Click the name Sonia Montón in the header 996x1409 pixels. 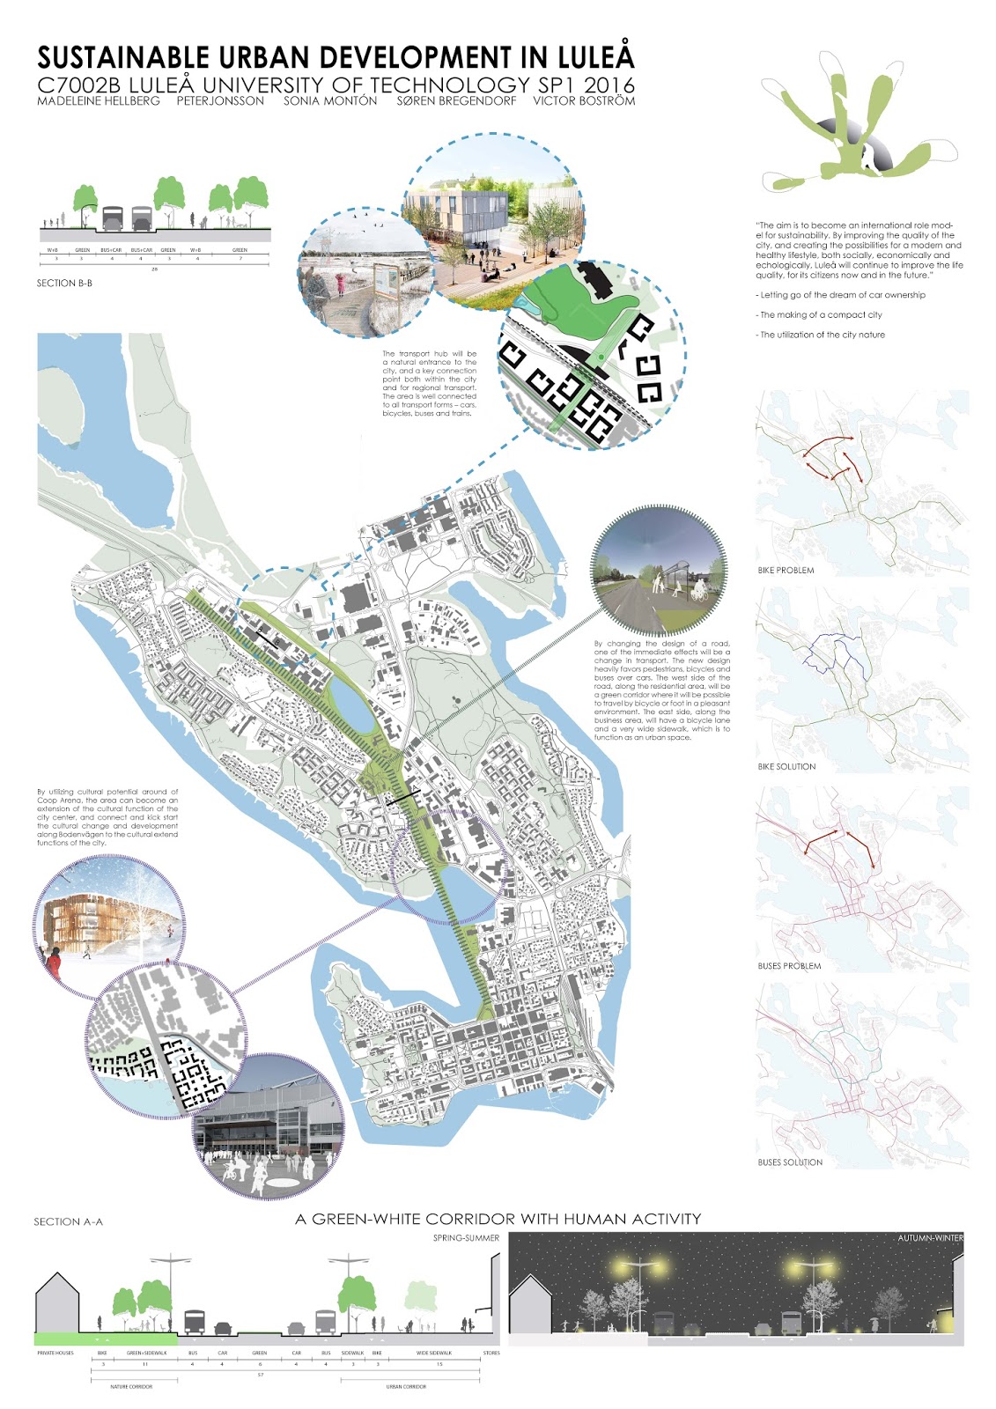(x=330, y=101)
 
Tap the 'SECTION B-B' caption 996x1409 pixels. (x=64, y=284)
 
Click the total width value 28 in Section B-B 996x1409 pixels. (x=155, y=268)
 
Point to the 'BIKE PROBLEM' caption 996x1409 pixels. (x=786, y=571)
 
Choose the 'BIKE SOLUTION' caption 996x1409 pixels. (x=786, y=767)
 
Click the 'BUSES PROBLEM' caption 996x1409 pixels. (x=789, y=966)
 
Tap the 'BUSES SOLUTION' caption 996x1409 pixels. (x=790, y=1162)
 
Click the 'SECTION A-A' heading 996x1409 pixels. (x=68, y=1222)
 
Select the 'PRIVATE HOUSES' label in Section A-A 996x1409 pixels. (x=55, y=1353)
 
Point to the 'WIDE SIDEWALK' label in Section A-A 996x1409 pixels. (x=433, y=1353)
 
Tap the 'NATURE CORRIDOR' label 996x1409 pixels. (x=131, y=1387)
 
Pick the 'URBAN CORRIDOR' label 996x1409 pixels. (x=406, y=1387)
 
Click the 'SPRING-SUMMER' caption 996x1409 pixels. (x=466, y=1238)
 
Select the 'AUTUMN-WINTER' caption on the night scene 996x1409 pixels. (x=930, y=1238)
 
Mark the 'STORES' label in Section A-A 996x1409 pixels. (x=491, y=1353)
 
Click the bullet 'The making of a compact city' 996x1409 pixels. (x=819, y=315)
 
